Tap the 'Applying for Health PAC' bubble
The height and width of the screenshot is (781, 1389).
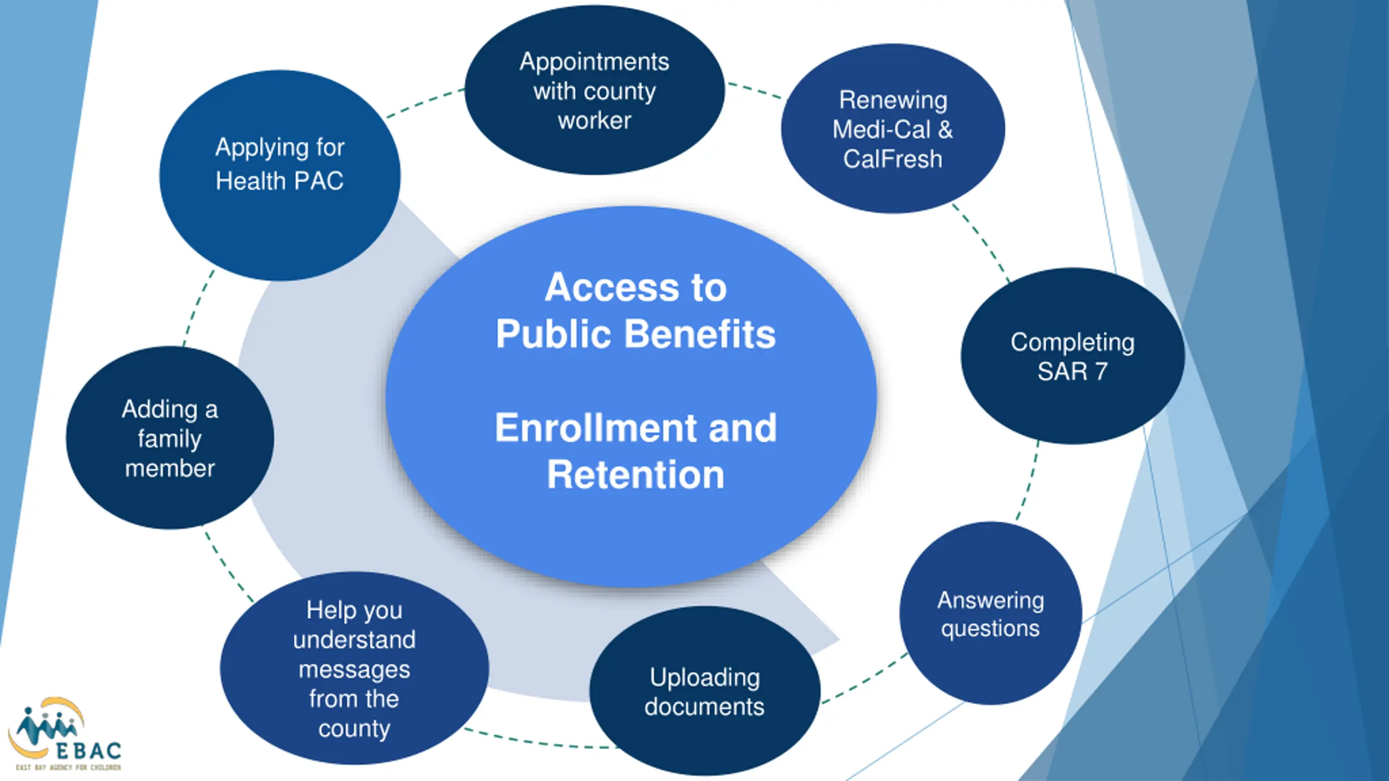click(x=280, y=175)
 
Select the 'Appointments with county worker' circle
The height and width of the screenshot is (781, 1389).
click(x=595, y=90)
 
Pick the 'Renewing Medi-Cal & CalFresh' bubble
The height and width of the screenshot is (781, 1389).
click(x=893, y=129)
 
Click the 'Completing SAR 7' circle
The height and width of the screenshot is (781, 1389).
click(x=1073, y=356)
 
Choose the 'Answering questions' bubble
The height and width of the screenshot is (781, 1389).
click(x=991, y=613)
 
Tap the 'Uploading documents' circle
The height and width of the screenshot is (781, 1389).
click(x=705, y=691)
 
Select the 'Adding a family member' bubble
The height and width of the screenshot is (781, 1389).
click(x=170, y=438)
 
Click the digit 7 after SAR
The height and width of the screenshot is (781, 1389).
click(x=1101, y=372)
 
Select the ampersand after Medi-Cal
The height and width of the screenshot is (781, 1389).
click(x=945, y=130)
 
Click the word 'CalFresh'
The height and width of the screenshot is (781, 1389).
click(x=893, y=159)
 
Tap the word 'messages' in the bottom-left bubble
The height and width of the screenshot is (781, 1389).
click(x=354, y=670)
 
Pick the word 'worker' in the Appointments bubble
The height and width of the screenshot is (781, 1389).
click(x=595, y=120)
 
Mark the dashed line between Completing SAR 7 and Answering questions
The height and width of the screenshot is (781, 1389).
click(x=1029, y=482)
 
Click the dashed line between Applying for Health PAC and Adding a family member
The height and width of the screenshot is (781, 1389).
click(x=198, y=308)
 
